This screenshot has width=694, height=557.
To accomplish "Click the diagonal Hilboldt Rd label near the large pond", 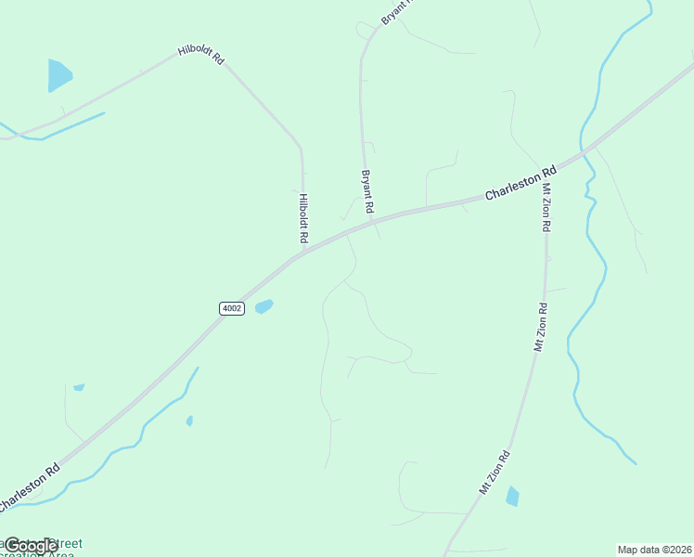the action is [x=201, y=56].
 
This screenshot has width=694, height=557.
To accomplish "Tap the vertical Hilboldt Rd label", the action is [x=303, y=218].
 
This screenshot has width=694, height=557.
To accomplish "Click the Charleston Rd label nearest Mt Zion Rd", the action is [x=520, y=183].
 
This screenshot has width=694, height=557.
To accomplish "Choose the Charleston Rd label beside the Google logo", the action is [x=30, y=486].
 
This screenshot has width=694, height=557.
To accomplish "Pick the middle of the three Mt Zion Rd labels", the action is [x=538, y=327].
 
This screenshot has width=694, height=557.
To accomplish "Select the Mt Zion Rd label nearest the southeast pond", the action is [x=495, y=473].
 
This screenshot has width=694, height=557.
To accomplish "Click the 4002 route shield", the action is [x=232, y=308].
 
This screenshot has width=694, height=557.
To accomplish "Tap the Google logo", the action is [x=31, y=546].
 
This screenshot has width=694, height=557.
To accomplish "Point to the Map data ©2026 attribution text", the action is [x=654, y=550].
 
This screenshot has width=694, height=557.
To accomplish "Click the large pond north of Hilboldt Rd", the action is [x=58, y=74].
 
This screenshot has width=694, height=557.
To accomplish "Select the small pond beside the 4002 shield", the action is [x=264, y=305].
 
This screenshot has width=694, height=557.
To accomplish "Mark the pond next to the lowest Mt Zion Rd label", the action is [x=512, y=497].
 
